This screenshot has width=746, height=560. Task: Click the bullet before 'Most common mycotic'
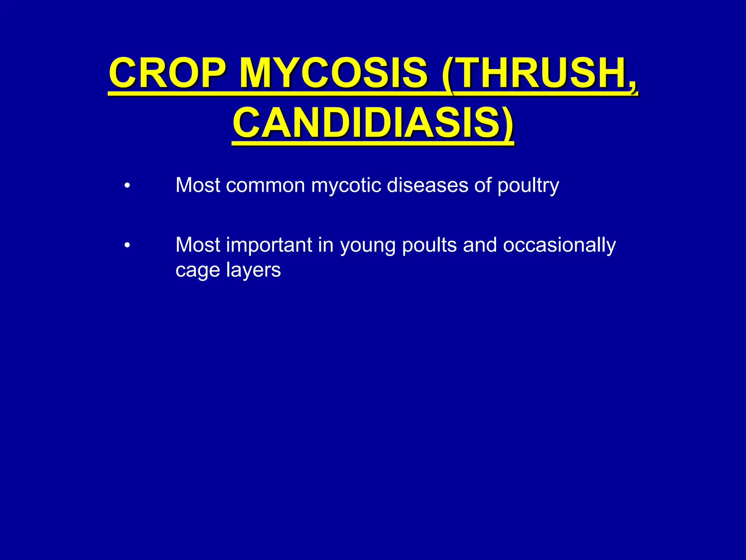click(x=127, y=186)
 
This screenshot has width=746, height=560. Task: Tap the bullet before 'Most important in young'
click(x=127, y=246)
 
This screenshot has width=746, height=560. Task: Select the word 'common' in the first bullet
click(x=265, y=185)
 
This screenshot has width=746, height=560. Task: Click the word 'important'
click(x=269, y=245)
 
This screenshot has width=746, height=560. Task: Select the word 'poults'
click(x=429, y=245)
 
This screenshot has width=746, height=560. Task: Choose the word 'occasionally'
click(x=559, y=245)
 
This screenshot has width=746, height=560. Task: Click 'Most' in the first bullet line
click(x=198, y=185)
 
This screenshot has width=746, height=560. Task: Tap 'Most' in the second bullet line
click(x=198, y=245)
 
